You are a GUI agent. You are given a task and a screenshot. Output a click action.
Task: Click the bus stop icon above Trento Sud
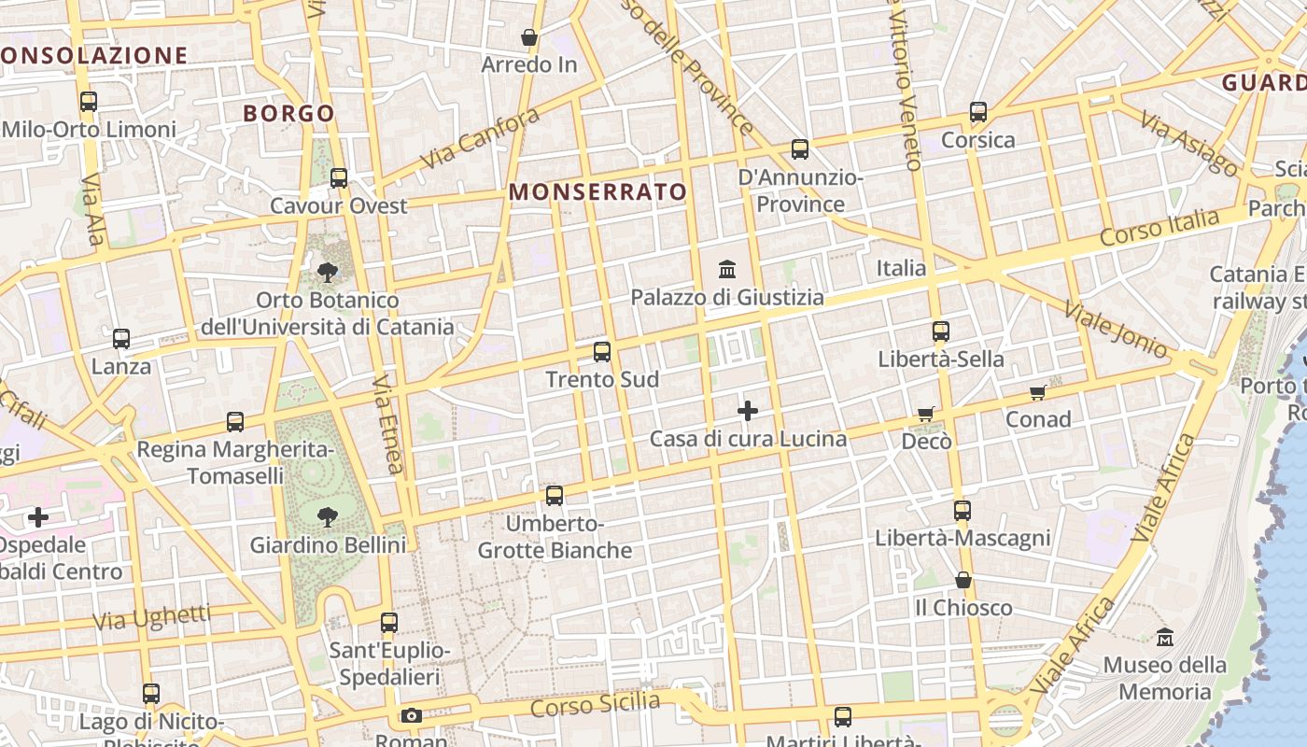point(602,352)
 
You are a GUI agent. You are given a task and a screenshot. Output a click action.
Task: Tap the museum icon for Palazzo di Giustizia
point(727,270)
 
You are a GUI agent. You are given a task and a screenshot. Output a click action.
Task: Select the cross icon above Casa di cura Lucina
point(748,411)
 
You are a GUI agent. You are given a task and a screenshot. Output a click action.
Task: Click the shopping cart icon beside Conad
point(1037,392)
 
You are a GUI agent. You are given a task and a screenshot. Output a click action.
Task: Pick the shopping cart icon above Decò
point(925,414)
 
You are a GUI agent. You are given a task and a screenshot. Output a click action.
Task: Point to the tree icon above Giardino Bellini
point(328,516)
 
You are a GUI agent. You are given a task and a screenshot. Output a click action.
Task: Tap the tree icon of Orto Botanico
point(328,273)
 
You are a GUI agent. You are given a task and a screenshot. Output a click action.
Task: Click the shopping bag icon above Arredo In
point(529,38)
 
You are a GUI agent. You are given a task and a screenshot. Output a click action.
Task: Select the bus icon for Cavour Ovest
point(339,178)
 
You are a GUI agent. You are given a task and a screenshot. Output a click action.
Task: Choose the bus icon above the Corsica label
point(978,112)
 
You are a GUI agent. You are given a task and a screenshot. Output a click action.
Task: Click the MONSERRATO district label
point(597,192)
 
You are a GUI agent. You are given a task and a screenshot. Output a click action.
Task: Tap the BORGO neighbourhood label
point(288,114)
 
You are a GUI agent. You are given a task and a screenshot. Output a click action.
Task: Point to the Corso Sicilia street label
point(595,705)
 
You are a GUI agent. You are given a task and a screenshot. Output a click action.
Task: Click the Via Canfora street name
point(480,138)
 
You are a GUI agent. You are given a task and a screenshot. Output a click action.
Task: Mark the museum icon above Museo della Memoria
point(1165,638)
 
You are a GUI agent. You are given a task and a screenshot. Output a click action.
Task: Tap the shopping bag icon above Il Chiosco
point(963,581)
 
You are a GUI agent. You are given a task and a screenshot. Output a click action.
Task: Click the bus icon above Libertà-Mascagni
point(963,511)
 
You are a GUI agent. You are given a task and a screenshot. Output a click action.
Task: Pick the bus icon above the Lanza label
point(121,339)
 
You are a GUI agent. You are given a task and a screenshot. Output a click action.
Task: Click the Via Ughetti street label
point(152,617)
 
